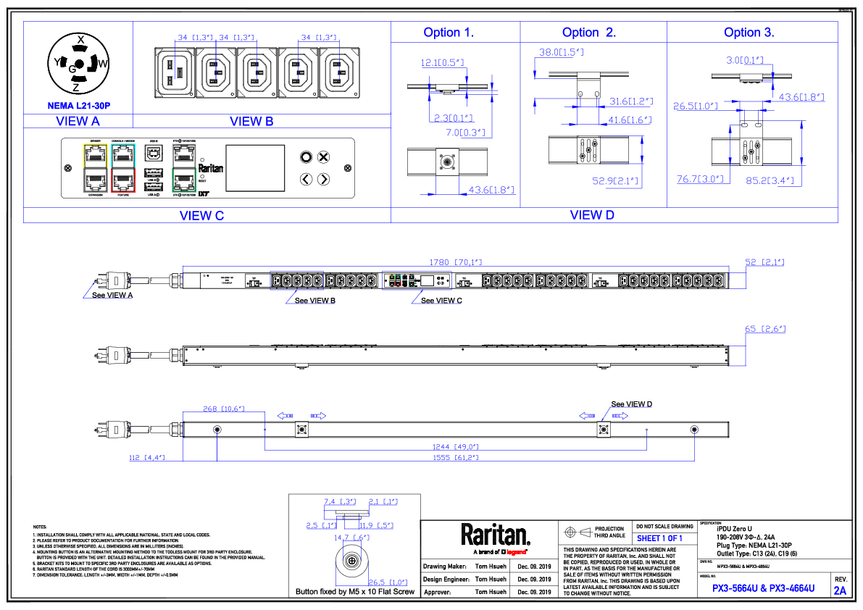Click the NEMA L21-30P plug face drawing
click(78, 64)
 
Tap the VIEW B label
click(251, 122)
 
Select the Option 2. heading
click(589, 33)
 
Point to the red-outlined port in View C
click(123, 181)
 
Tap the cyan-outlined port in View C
click(123, 154)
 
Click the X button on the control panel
click(324, 156)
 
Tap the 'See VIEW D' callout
click(631, 404)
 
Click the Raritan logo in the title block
click(496, 535)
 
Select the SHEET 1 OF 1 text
click(659, 538)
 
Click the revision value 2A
click(840, 590)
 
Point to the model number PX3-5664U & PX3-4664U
click(763, 588)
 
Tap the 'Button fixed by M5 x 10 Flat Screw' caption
click(354, 592)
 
